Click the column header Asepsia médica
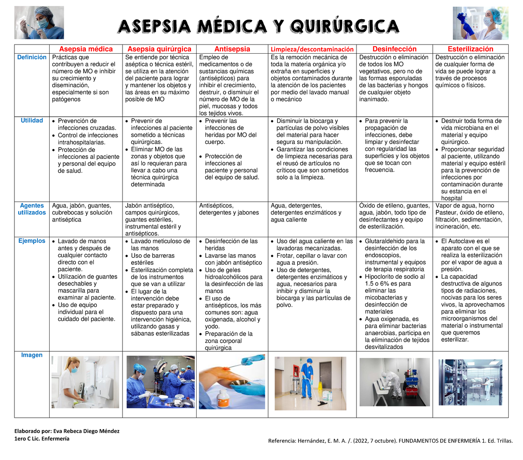point(86,49)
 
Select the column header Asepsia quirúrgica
point(159,49)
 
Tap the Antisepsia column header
point(232,49)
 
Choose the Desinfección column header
point(394,49)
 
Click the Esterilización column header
point(470,49)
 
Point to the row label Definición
point(32,58)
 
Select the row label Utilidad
point(32,121)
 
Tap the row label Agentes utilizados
point(32,209)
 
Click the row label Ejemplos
point(32,241)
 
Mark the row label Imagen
point(32,355)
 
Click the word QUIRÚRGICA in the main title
point(344,27)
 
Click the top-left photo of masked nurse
point(39,23)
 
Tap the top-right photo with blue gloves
point(480,23)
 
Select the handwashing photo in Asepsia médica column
point(85,382)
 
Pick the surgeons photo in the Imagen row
point(160,382)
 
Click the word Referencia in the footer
point(282,441)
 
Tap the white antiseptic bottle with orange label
point(224,399)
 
